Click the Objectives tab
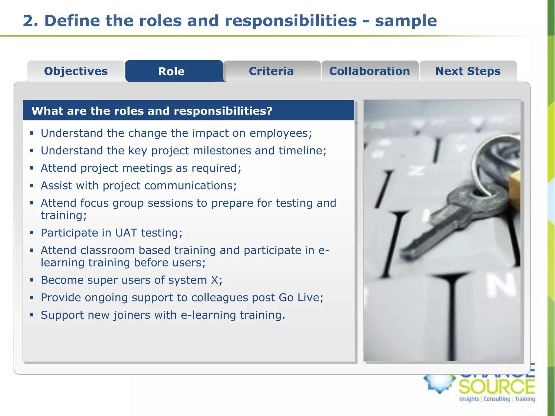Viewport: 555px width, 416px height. point(76,71)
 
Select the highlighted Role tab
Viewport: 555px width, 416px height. point(172,71)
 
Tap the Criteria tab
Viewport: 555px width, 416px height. point(271,71)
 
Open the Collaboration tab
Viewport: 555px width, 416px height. point(369,71)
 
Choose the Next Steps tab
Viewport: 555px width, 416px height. point(468,71)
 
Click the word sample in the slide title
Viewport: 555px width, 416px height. point(406,21)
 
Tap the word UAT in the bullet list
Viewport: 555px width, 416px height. point(126,233)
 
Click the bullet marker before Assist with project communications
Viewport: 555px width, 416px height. point(32,186)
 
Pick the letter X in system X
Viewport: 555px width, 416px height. point(215,280)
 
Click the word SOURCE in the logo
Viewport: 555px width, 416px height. point(497,387)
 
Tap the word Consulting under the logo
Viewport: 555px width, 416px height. point(497,399)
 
